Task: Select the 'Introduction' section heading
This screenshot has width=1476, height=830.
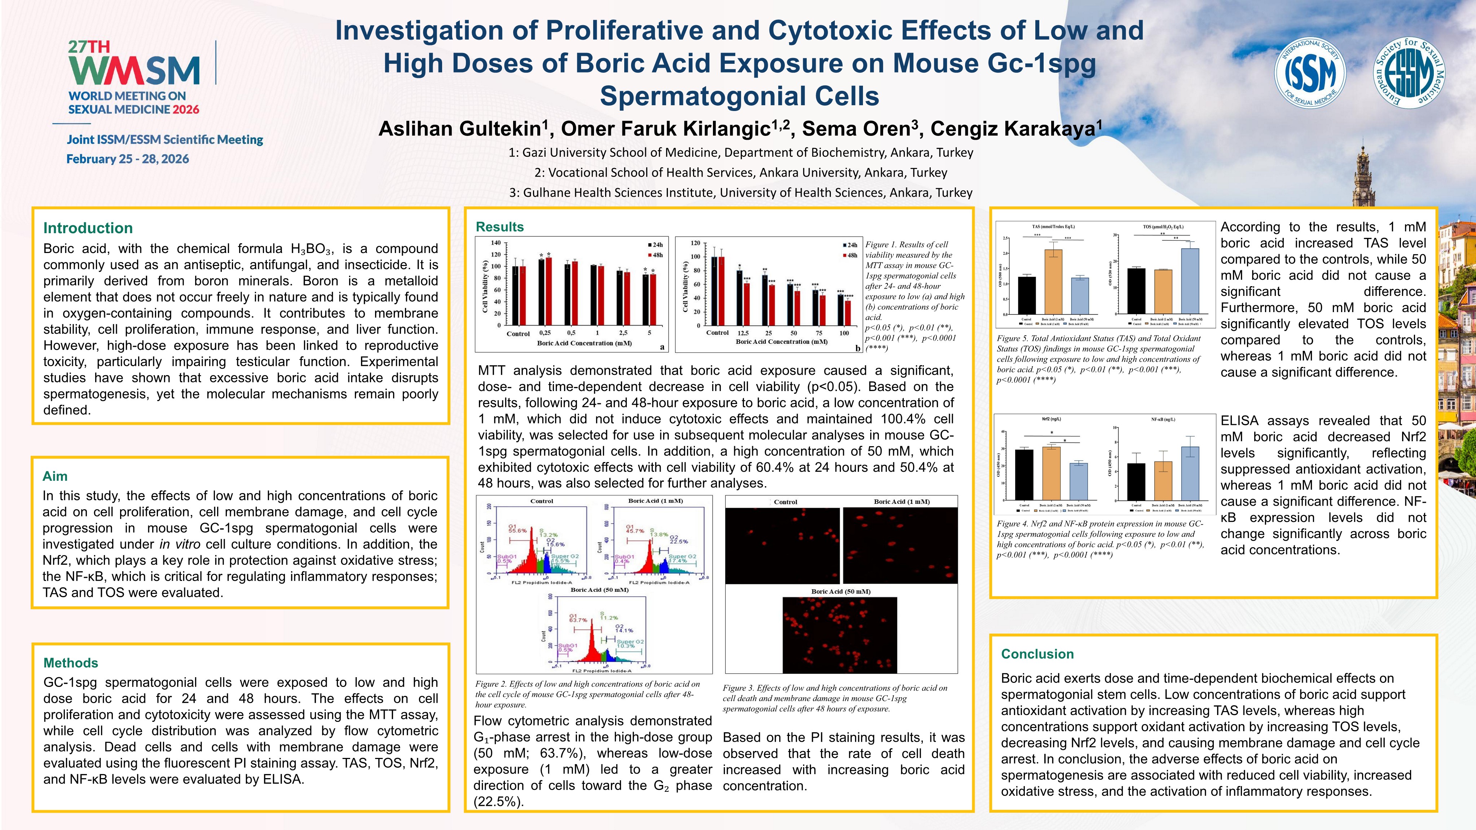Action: [x=88, y=228]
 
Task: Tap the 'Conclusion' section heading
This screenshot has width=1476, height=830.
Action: [x=1037, y=654]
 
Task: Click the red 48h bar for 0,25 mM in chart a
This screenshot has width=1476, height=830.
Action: [x=548, y=291]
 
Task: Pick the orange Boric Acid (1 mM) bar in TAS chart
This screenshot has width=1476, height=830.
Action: [x=1053, y=281]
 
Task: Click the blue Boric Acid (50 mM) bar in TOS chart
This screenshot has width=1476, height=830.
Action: [x=1190, y=281]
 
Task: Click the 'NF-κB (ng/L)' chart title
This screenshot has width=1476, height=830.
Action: [x=1163, y=419]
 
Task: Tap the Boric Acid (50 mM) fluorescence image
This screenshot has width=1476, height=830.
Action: [x=840, y=635]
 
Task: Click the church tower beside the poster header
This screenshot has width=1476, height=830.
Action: [x=1364, y=178]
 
